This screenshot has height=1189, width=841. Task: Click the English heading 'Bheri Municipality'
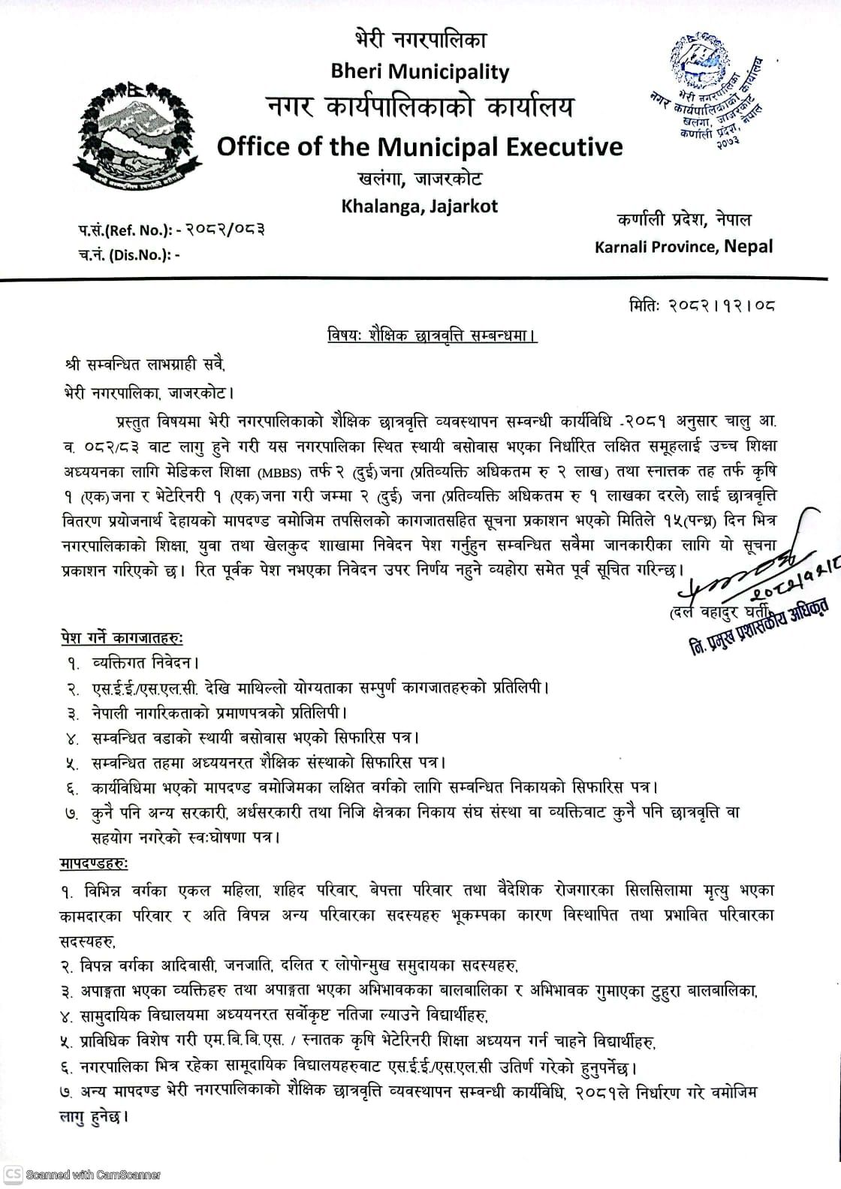coord(420,72)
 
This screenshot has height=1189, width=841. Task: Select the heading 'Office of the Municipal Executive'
coord(420,146)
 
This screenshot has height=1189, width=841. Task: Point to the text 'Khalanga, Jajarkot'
coord(419,206)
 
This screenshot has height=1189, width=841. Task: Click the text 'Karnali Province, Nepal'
coord(683,246)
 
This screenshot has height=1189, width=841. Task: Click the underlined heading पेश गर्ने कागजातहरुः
coord(122,638)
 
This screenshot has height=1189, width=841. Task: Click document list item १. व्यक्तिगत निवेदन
coord(132,663)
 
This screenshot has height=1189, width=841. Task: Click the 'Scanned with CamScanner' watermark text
coord(93,1175)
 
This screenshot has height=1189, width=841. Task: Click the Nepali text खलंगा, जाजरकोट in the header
coord(419,179)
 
